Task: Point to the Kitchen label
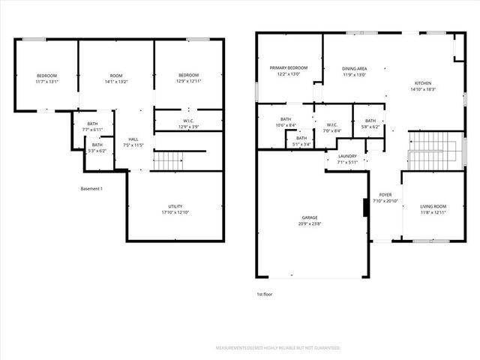[423, 82]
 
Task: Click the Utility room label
[175, 206]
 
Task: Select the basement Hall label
[133, 139]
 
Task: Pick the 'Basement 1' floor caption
[91, 188]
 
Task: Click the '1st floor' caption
[265, 294]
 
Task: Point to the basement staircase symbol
[169, 160]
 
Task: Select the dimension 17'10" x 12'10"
[175, 212]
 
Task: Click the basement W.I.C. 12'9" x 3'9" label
[188, 123]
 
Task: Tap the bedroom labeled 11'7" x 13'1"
[47, 78]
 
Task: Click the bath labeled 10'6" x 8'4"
[285, 121]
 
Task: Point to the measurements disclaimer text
[277, 348]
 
